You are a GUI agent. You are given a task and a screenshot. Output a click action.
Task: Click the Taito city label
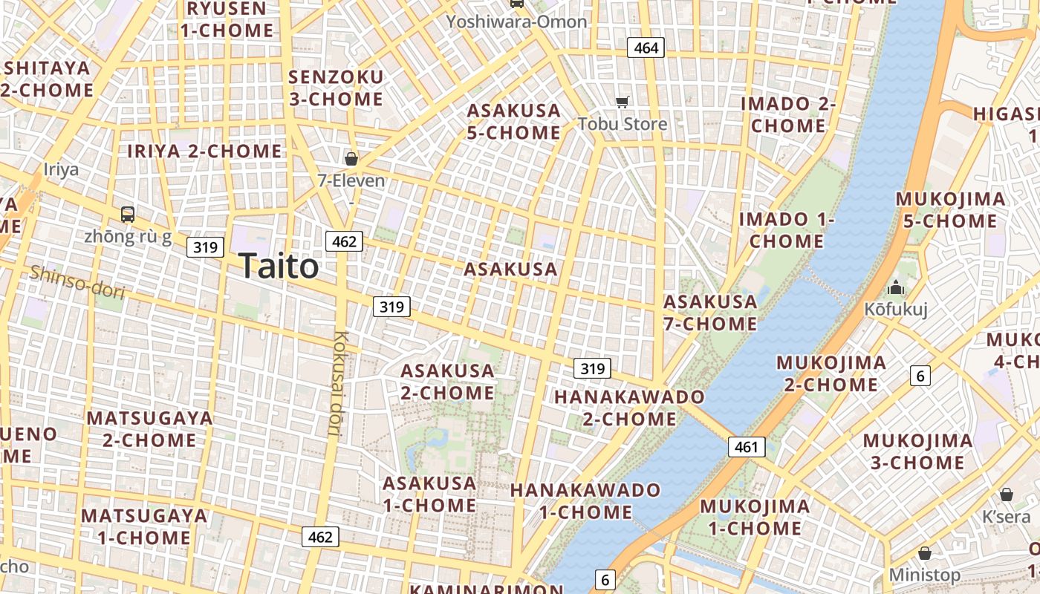(279, 266)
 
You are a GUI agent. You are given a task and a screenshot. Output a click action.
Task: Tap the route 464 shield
(645, 48)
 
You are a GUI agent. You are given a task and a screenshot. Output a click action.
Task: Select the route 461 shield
(746, 446)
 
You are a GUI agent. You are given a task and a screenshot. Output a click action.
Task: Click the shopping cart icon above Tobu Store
(622, 102)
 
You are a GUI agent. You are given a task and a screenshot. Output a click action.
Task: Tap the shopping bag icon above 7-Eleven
(351, 158)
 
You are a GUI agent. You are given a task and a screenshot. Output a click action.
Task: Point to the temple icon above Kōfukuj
(896, 287)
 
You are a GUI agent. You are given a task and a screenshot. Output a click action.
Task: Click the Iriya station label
(61, 169)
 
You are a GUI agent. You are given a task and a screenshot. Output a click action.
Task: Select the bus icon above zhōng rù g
(128, 215)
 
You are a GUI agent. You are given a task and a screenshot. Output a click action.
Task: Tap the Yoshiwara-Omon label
(516, 22)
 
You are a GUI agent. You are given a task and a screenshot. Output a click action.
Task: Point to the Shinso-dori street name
(77, 282)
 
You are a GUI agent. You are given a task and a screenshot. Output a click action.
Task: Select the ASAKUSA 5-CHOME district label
(513, 122)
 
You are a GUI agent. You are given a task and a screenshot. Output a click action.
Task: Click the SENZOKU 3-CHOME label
(336, 88)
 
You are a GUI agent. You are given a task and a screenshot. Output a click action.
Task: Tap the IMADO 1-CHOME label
(786, 230)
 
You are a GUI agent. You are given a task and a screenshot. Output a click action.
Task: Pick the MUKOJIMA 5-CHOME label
(950, 210)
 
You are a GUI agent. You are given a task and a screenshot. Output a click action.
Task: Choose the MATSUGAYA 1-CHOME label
(135, 526)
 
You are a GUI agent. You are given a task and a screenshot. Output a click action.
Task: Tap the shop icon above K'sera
(1007, 495)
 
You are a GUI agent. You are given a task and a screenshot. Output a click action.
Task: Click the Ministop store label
(925, 575)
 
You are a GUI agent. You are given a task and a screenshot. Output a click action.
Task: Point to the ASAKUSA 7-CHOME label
(710, 313)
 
